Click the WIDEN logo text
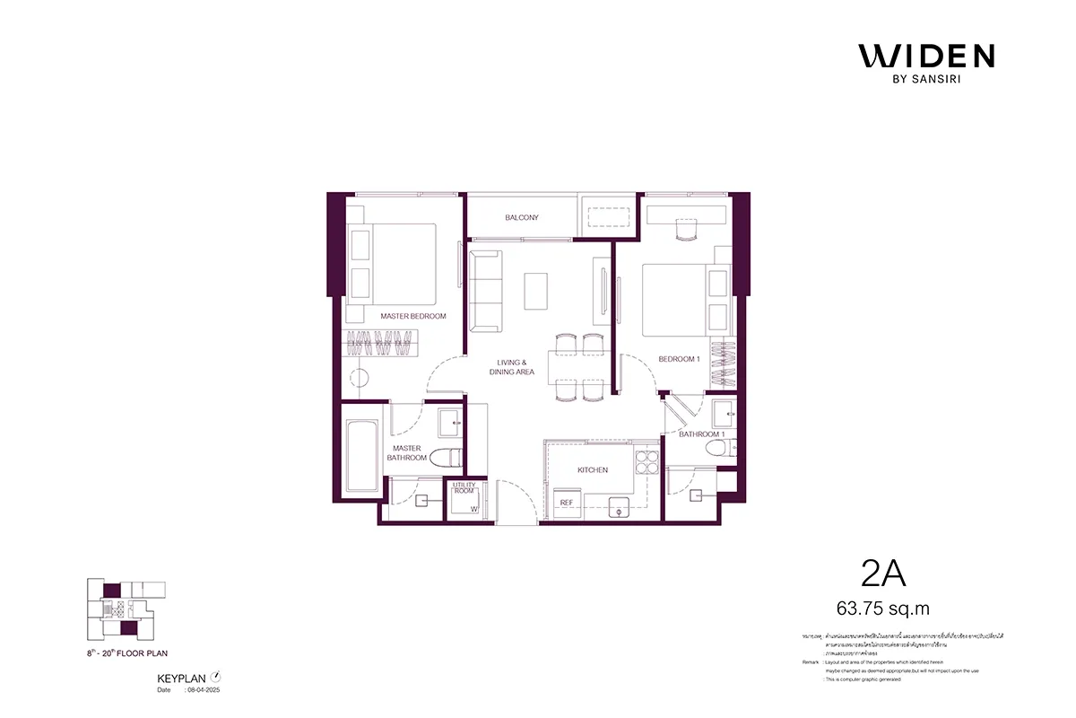[x=926, y=56]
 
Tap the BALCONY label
[x=521, y=218]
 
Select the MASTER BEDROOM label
[x=412, y=316]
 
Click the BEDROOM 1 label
[x=679, y=359]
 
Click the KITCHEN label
[x=593, y=469]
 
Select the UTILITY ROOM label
[x=464, y=488]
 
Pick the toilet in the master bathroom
[x=445, y=458]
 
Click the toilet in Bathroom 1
[x=716, y=449]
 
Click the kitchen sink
[x=617, y=508]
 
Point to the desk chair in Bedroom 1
[x=686, y=232]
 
